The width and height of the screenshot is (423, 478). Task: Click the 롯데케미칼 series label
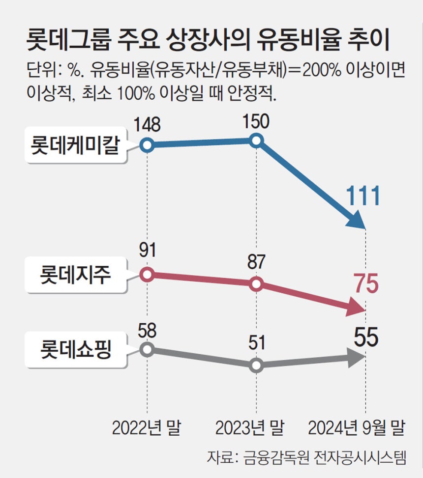pos(75,146)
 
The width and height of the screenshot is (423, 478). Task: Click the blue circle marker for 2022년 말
pos(147,145)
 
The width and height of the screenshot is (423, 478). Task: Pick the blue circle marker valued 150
pos(256,141)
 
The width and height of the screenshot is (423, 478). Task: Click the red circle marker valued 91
pos(147,274)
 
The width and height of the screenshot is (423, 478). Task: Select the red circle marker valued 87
pos(256,284)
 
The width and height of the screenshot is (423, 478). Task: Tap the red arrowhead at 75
pos(357,307)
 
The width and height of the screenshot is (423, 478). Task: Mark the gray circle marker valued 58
pos(147,349)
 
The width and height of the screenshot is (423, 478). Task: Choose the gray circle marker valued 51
pos(256,366)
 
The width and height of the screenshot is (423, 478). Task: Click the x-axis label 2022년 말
pos(146,428)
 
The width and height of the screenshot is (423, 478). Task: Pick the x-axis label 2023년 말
pos(250,428)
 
